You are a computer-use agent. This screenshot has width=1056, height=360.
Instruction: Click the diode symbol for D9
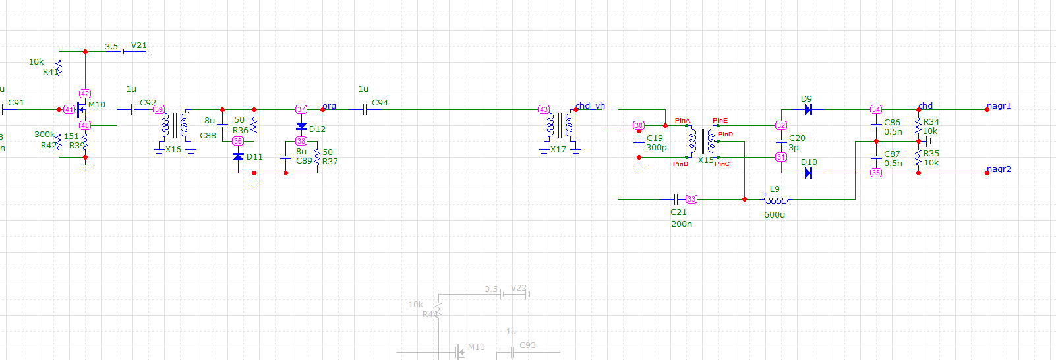click(x=808, y=110)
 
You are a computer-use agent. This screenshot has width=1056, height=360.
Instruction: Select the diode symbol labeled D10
click(x=808, y=173)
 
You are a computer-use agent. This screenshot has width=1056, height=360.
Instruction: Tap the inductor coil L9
click(x=775, y=200)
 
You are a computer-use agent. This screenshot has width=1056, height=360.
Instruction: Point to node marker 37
click(x=301, y=109)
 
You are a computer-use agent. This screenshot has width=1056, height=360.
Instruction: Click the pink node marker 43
click(x=544, y=109)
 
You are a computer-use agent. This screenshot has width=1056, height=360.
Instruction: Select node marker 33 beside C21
click(x=691, y=199)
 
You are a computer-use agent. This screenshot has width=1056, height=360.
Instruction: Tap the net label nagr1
click(x=999, y=106)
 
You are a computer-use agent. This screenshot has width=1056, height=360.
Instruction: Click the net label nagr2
click(x=999, y=169)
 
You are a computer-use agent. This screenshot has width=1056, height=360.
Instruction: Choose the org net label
click(x=330, y=106)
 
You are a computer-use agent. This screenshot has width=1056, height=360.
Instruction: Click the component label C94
click(x=380, y=103)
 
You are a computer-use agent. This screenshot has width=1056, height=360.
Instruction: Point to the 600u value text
click(x=775, y=215)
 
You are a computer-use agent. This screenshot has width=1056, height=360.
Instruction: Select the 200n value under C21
click(x=682, y=224)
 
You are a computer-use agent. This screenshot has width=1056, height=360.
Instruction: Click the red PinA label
click(x=682, y=121)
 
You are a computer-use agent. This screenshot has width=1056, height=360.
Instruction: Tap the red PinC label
click(x=722, y=164)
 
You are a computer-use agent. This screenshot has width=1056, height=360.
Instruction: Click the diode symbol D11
click(x=239, y=157)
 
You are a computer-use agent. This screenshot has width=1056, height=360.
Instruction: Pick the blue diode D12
click(x=301, y=126)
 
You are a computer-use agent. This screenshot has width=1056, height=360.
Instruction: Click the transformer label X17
click(x=558, y=150)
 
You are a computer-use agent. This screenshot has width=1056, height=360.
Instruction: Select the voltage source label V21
click(x=138, y=45)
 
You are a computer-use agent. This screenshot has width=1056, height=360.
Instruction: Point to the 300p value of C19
click(x=657, y=148)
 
